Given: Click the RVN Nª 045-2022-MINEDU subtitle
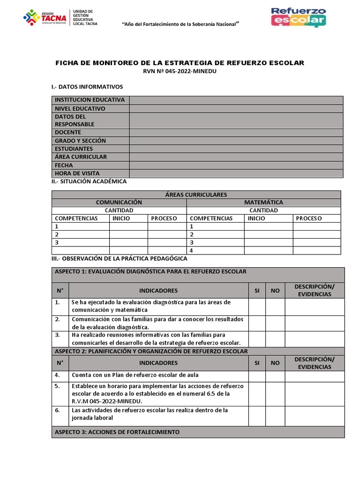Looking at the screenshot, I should click(180, 71).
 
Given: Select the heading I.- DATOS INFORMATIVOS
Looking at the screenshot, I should click(87, 87).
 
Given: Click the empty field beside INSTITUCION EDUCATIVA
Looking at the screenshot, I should click(236, 100).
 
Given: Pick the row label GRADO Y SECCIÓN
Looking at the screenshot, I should click(81, 141).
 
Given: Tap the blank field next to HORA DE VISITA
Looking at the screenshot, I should click(236, 173).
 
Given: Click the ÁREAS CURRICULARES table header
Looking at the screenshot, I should click(196, 195).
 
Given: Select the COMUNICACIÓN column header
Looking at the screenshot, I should click(119, 202).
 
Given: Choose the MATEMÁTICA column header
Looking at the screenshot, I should click(263, 202).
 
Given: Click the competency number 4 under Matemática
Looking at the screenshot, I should click(191, 251).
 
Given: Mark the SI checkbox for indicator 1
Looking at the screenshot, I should click(257, 306).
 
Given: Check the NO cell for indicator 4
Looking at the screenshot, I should click(275, 375).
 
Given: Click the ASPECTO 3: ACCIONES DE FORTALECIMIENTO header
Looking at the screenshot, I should click(117, 432).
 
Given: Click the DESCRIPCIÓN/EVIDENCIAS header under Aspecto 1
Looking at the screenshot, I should click(315, 291).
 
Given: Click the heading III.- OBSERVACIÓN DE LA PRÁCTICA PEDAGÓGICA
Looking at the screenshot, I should click(119, 259).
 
